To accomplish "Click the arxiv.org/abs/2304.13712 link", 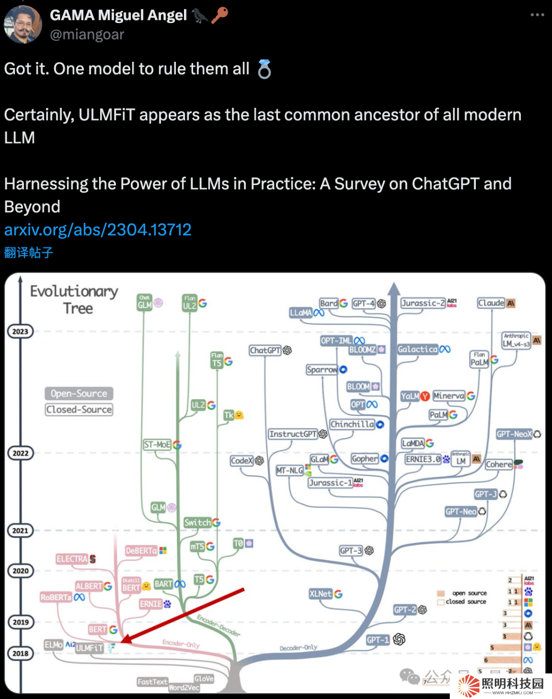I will [x=98, y=230].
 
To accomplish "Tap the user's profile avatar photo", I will [x=22, y=25].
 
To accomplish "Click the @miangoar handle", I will [x=87, y=35].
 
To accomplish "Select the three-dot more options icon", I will [x=537, y=15].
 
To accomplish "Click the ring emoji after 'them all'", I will [x=264, y=70].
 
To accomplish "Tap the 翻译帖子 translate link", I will [x=29, y=253].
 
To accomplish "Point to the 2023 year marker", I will [x=20, y=331].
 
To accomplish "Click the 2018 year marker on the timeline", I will [x=20, y=653].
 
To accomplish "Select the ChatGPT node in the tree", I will [x=265, y=350].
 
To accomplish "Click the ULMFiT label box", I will [x=89, y=648].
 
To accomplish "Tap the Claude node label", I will [x=491, y=303].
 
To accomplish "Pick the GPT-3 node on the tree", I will [x=351, y=551].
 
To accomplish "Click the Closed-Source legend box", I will [x=79, y=410].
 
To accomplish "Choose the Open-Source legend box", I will [x=79, y=393].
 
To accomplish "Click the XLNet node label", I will [x=320, y=594].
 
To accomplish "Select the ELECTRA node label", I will [x=72, y=559].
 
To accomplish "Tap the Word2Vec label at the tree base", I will [x=184, y=688].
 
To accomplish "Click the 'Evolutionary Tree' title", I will [x=75, y=300].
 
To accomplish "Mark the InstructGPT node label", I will [x=293, y=434].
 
